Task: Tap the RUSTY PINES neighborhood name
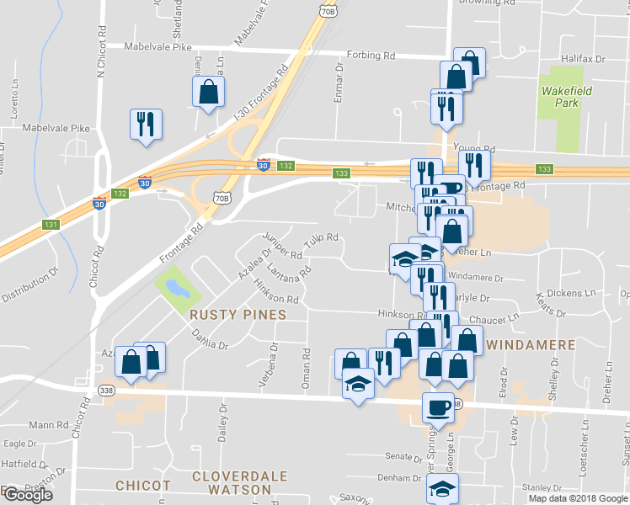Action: pyautogui.click(x=238, y=315)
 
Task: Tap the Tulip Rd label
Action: pyautogui.click(x=321, y=240)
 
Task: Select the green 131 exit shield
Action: pyautogui.click(x=51, y=225)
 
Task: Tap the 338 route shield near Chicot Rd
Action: pyautogui.click(x=105, y=391)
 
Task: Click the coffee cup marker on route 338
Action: pyautogui.click(x=438, y=407)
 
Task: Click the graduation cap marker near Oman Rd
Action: pyautogui.click(x=358, y=385)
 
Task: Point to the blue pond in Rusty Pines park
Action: pyautogui.click(x=177, y=289)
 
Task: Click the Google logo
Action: pyautogui.click(x=27, y=495)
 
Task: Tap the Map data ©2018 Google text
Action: pyautogui.click(x=578, y=498)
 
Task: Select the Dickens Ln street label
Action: pyautogui.click(x=571, y=293)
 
